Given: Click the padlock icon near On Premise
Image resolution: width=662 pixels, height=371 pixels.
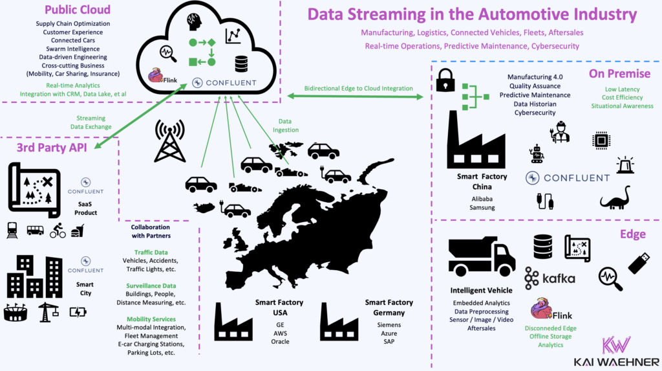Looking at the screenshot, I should click(445, 80).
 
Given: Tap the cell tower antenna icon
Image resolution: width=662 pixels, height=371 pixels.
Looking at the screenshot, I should click(169, 140).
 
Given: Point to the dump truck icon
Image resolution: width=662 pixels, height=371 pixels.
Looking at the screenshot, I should click(481, 256).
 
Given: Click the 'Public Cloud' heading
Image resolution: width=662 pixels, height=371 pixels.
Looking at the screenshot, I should click(77, 10).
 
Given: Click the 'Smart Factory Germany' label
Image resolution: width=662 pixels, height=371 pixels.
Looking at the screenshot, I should click(389, 308).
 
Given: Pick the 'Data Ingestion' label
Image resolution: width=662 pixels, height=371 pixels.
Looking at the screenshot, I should click(288, 126).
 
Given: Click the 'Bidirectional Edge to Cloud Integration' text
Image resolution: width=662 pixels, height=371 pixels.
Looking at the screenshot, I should click(359, 89).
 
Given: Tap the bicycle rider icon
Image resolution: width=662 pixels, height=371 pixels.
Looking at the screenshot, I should click(58, 230).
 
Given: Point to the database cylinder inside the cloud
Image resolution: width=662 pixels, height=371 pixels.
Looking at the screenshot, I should click(241, 63).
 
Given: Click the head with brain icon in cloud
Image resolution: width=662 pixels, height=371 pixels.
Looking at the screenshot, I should click(193, 21).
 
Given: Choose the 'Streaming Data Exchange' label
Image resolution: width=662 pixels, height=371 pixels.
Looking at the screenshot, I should click(94, 122).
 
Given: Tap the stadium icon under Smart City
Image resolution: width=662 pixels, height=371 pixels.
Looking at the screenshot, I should click(16, 313).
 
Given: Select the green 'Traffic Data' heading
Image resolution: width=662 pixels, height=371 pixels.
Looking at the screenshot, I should click(151, 253).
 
